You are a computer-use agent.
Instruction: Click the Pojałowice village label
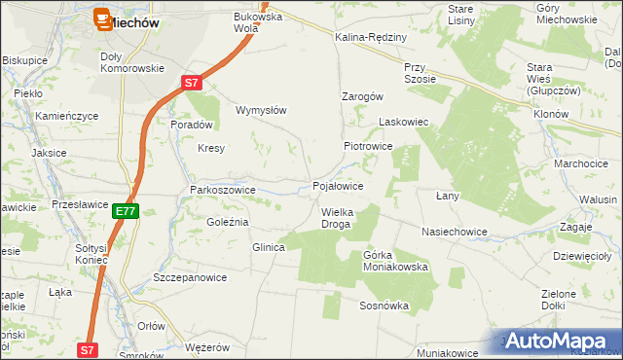[338, 185]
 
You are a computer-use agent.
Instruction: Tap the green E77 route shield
[126, 210]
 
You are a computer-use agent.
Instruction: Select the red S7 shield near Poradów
[194, 85]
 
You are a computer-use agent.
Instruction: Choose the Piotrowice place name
[367, 145]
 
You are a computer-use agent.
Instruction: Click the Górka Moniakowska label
[395, 261]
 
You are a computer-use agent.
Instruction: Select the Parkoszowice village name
[222, 190]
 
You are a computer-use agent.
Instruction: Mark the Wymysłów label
[261, 110]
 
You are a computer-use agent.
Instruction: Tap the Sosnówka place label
[383, 306]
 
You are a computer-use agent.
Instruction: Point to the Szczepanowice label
[190, 277]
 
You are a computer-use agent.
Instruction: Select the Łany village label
[447, 196]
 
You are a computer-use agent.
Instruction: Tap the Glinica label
[268, 247]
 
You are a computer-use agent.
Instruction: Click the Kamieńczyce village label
[67, 116]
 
